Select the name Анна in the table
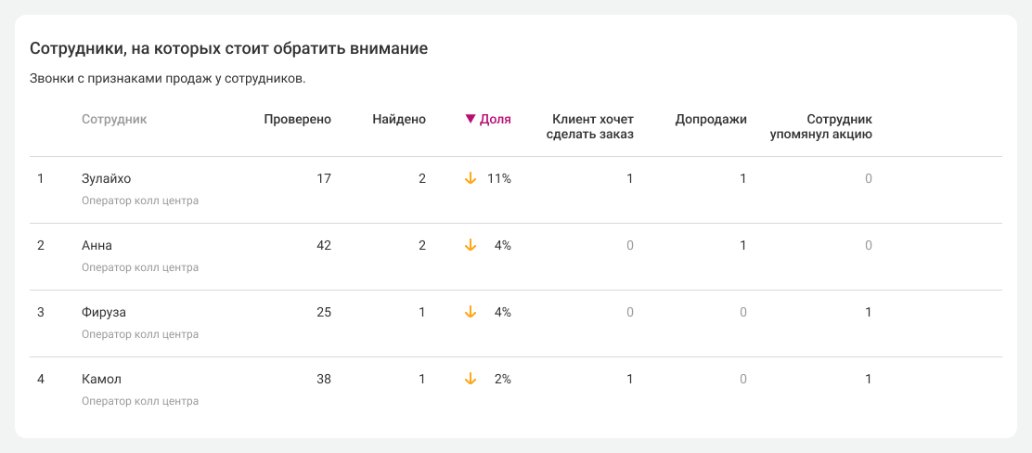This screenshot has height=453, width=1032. click(97, 245)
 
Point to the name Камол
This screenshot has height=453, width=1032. click(101, 379)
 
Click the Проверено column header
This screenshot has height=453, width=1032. click(297, 119)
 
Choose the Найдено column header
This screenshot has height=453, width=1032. click(399, 119)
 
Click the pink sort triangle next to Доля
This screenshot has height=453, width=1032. click(471, 119)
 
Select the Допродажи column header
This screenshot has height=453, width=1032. click(711, 119)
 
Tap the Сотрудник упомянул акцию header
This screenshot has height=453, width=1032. click(821, 126)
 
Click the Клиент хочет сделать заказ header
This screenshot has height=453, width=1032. click(593, 126)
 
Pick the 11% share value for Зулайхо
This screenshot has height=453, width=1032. click(499, 178)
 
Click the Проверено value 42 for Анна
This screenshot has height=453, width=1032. click(323, 245)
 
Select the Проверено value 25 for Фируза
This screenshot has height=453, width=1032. click(323, 312)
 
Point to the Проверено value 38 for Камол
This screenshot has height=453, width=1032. click(323, 379)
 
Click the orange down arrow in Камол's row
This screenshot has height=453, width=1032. click(471, 379)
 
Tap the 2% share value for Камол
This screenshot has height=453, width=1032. click(503, 379)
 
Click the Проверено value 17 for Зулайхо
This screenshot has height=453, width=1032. click(323, 178)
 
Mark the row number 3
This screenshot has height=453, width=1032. click(40, 312)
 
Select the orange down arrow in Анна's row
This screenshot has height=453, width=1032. click(471, 245)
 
